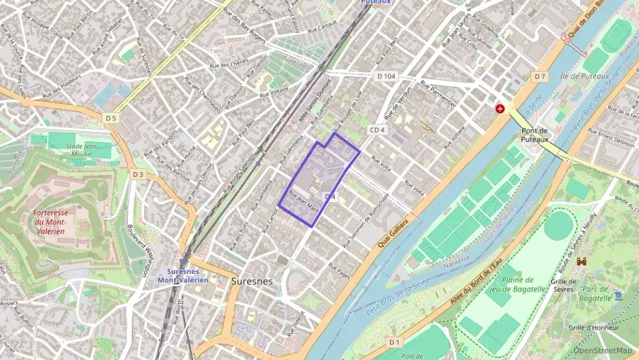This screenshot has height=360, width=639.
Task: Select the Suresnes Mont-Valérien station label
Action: click(x=183, y=275)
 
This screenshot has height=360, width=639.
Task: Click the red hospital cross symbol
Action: click(x=500, y=109)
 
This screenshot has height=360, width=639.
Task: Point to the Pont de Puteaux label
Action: click(x=535, y=135)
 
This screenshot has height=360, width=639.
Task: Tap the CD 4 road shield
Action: click(x=378, y=130)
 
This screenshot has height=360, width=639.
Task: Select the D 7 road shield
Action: click(x=541, y=76)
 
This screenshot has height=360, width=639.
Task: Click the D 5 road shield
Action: click(x=111, y=118)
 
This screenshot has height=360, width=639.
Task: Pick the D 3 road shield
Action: click(x=139, y=174)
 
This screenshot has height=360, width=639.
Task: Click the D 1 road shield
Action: click(x=394, y=341)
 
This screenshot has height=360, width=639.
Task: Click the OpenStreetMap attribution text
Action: click(x=602, y=350)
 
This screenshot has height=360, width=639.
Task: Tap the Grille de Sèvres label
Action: click(x=563, y=285)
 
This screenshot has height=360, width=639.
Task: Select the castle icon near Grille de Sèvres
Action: click(x=582, y=262)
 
